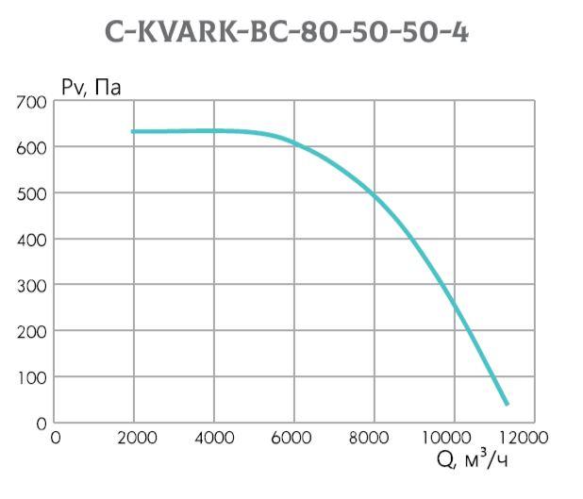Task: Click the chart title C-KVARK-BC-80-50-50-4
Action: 287,32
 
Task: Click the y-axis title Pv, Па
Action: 92,88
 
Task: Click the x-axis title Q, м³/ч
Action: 477,459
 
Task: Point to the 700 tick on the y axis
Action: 31,102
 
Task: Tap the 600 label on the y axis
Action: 31,148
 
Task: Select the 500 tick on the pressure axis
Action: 31,193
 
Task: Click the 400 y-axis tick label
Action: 31,240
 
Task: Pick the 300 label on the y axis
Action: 31,286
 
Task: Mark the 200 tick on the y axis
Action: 31,332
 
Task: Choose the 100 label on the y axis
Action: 31,377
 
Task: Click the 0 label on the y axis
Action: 41,424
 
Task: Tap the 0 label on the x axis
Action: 56,438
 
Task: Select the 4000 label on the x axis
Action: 216,438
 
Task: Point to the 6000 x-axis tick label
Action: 295,438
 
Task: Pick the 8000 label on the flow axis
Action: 375,438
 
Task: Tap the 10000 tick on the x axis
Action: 454,438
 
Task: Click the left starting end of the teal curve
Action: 133,131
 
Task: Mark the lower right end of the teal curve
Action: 507,404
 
